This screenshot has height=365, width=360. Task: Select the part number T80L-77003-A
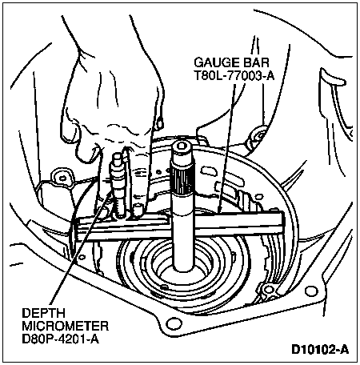point(234,76)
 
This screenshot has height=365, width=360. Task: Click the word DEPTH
point(43,313)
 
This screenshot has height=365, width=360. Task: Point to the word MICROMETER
point(66,326)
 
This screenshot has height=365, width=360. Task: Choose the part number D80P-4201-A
point(61,339)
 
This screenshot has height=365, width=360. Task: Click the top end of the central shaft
point(181,146)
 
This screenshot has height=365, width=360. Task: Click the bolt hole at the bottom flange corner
point(173,324)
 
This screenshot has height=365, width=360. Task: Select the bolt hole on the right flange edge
point(310,291)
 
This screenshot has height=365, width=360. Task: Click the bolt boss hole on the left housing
point(62,178)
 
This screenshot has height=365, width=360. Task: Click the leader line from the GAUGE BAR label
point(226,147)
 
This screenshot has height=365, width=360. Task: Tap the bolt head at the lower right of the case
point(267,291)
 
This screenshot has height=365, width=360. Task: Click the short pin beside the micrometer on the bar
point(138,210)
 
